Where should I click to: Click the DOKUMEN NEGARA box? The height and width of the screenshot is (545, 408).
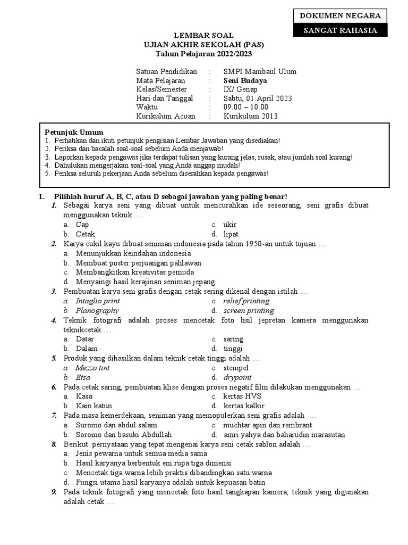point(339,15)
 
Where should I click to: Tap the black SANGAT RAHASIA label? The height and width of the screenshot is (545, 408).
point(339,30)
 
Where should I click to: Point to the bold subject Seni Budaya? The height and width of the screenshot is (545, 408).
point(245,81)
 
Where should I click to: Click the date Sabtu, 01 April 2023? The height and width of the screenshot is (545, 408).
point(258,98)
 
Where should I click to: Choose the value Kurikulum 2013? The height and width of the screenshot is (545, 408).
point(251,117)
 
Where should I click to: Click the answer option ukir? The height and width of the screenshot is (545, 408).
point(230,225)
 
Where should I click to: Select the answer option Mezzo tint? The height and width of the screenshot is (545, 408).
point(93,368)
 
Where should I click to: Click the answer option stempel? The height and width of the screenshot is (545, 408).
point(236,368)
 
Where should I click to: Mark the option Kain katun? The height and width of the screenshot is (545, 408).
point(94,406)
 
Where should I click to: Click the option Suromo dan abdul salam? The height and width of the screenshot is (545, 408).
point(116,425)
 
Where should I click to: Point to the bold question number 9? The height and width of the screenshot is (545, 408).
point(54,492)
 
